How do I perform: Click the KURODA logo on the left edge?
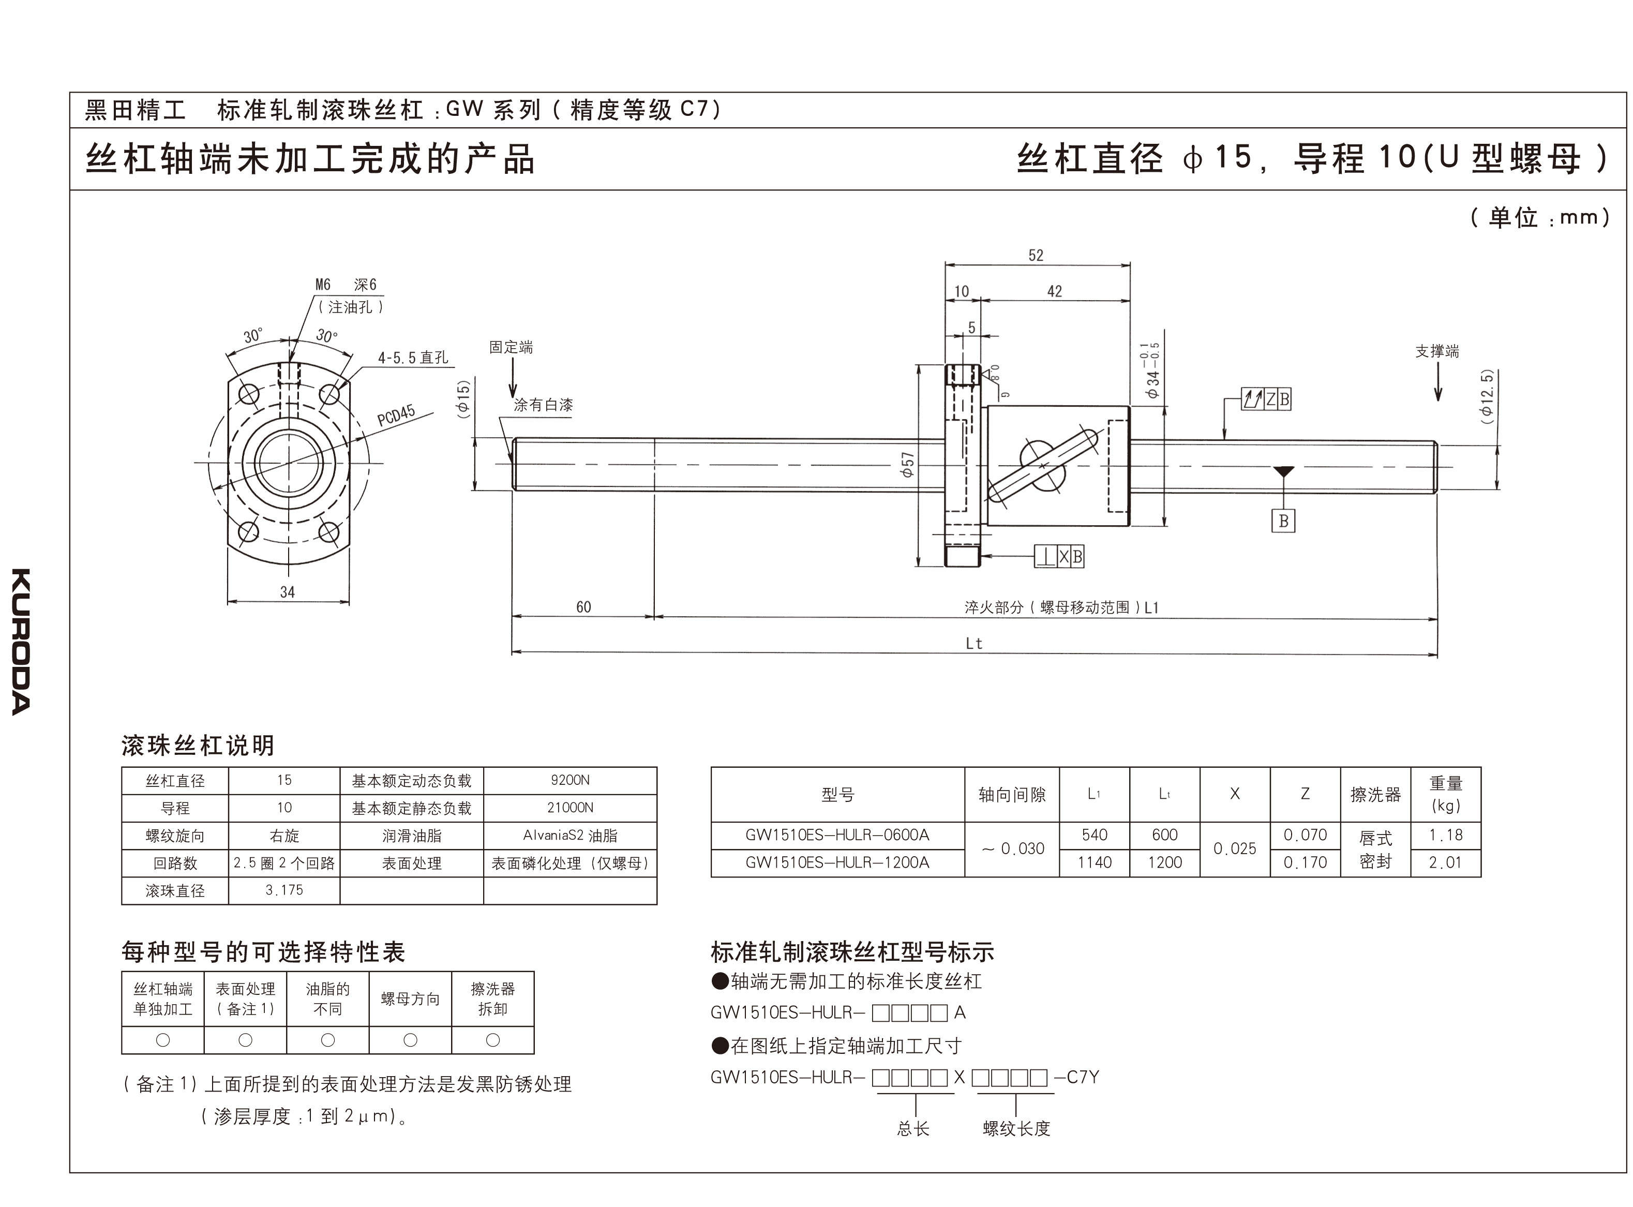pyautogui.click(x=21, y=641)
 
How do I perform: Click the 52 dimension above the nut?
pyautogui.click(x=1036, y=256)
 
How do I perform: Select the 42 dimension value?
pyautogui.click(x=1054, y=291)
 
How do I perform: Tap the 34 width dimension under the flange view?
pyautogui.click(x=287, y=592)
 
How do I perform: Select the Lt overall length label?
pyautogui.click(x=973, y=644)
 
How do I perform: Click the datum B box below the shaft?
pyautogui.click(x=1283, y=521)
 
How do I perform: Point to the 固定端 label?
pyautogui.click(x=511, y=347)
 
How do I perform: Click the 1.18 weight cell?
pyautogui.click(x=1445, y=835)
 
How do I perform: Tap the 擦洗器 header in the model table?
pyautogui.click(x=1375, y=794)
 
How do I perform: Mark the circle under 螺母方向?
pyautogui.click(x=410, y=1040)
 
